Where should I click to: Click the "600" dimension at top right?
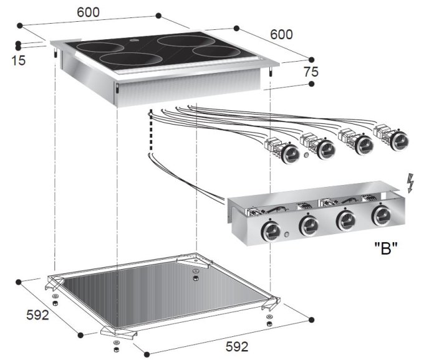tap(281, 34)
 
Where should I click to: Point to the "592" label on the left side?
tap(37, 315)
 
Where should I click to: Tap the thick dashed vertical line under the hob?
tap(151, 131)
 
